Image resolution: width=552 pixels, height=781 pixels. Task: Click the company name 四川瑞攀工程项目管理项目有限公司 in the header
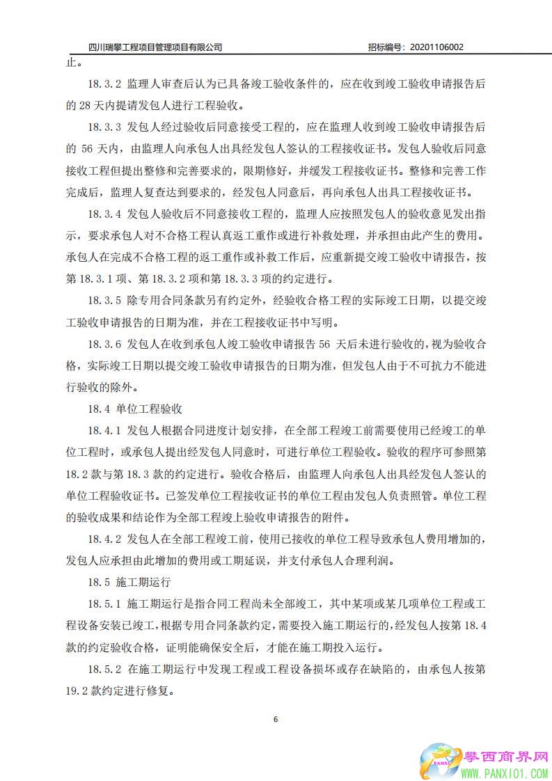click(x=156, y=47)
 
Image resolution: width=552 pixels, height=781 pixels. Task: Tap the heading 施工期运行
click(x=143, y=581)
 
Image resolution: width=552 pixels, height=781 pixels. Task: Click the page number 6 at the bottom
click(x=276, y=719)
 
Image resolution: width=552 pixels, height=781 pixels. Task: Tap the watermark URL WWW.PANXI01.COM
click(x=505, y=773)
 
